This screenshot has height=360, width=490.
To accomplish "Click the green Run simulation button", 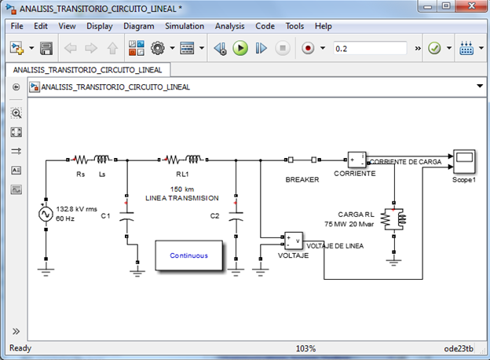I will [240, 48].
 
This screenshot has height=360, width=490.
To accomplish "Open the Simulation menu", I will [184, 26].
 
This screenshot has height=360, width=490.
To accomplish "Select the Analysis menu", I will [229, 26].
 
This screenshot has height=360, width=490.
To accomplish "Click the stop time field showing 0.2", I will [369, 48].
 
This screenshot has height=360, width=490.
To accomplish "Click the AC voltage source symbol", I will [46, 214].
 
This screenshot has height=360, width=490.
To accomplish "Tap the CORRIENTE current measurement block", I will [357, 160].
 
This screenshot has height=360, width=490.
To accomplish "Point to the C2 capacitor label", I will [215, 215].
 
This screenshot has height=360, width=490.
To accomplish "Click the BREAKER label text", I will [302, 179].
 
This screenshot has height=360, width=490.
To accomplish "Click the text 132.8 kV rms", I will [77, 209].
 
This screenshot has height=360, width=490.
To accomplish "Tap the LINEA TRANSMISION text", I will [182, 197].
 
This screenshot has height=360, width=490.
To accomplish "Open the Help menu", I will [323, 26].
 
